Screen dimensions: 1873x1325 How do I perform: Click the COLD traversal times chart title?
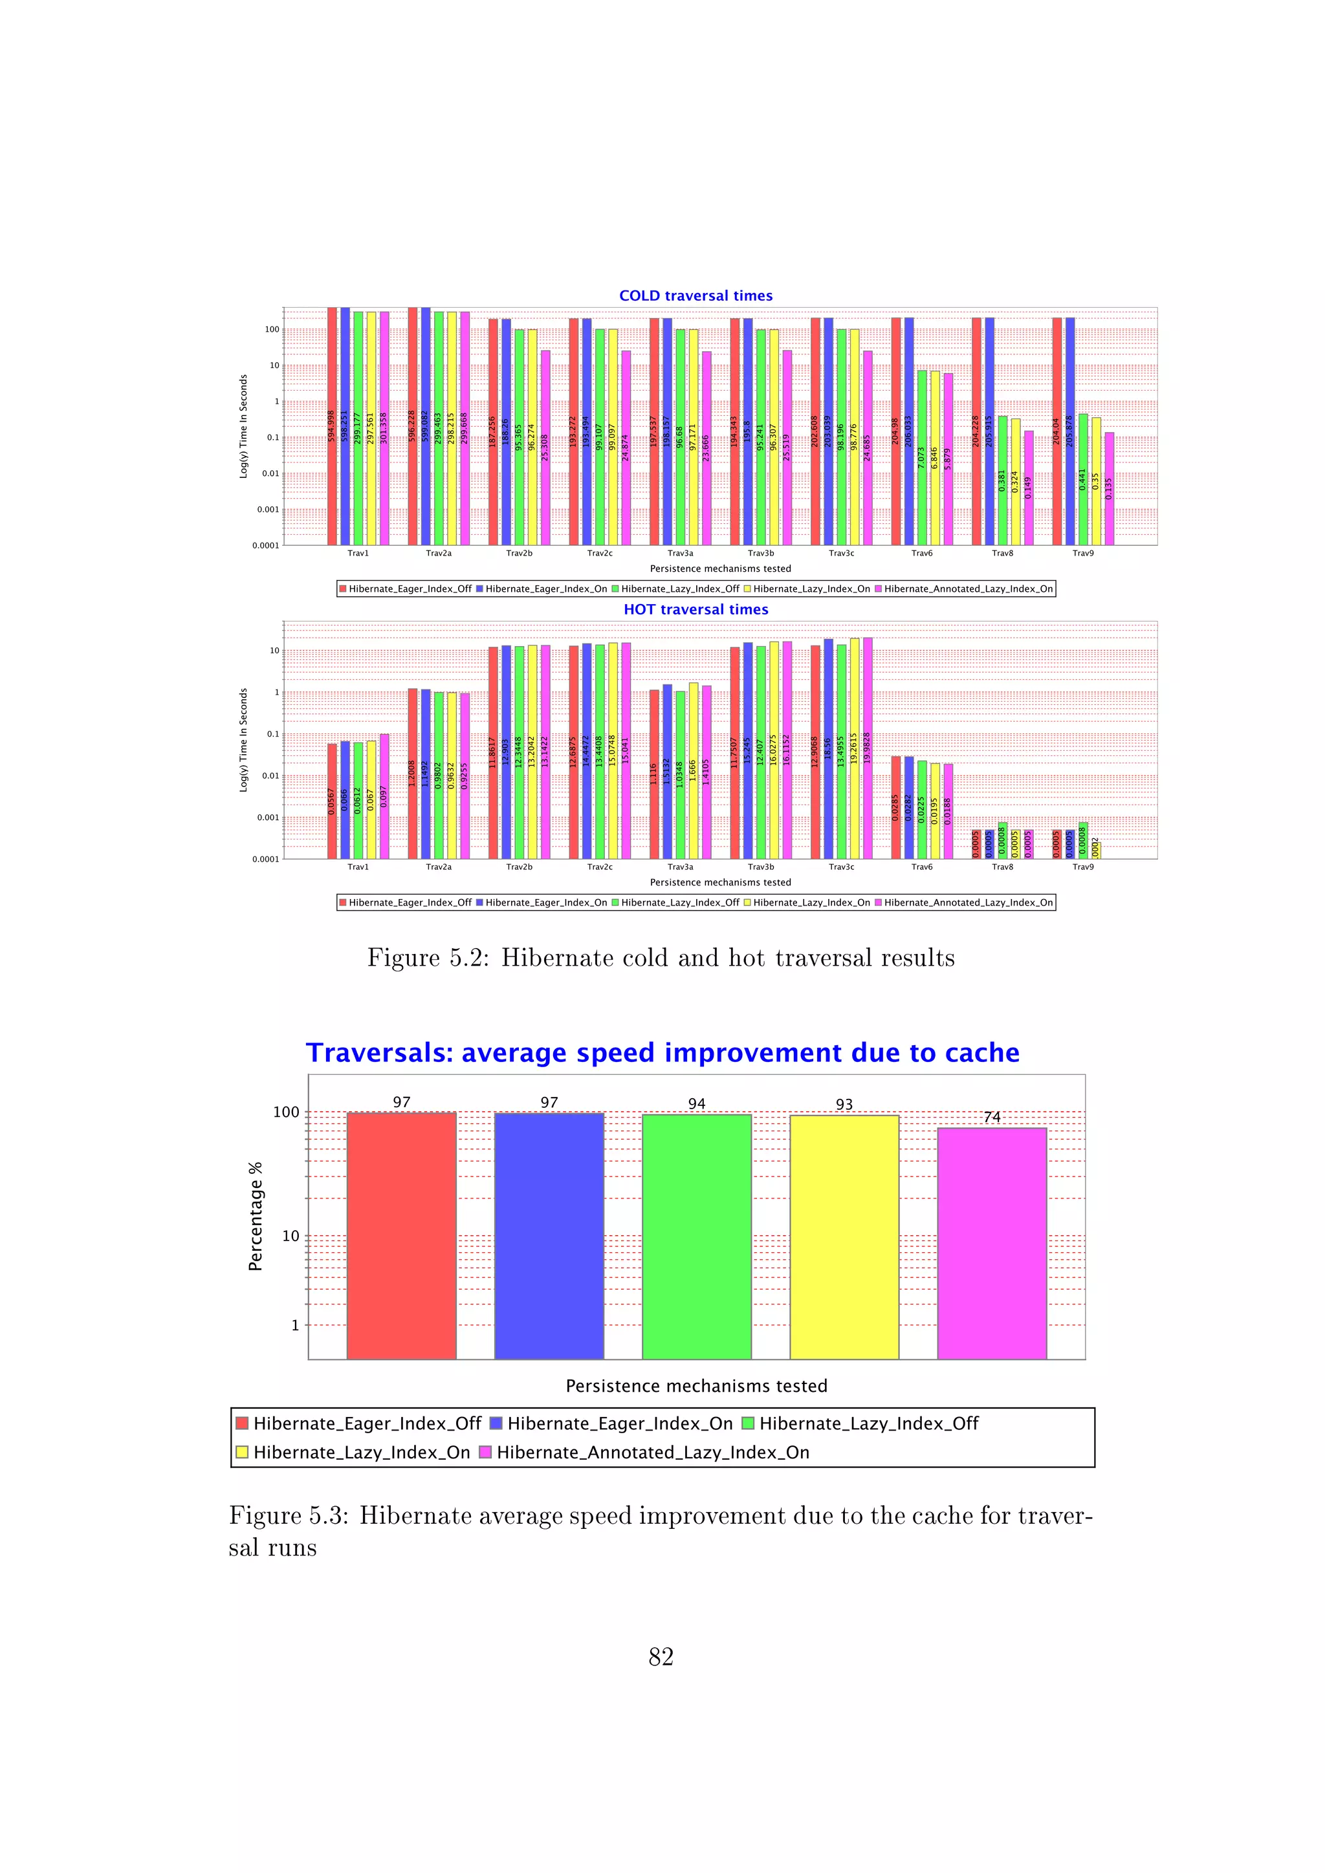pos(695,296)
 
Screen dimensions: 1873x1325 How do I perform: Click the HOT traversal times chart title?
pos(695,609)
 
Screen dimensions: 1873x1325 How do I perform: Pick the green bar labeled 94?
pos(696,1236)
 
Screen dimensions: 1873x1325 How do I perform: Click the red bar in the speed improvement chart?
pos(400,1236)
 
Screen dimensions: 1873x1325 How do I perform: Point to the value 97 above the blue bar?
pos(549,1102)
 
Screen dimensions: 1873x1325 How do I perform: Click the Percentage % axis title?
pos(256,1215)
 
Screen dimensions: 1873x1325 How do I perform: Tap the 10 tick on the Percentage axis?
pos(290,1236)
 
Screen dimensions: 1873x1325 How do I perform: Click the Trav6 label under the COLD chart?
pos(921,553)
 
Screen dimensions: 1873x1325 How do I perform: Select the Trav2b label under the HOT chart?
pos(519,867)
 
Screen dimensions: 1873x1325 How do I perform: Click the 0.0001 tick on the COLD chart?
pos(265,546)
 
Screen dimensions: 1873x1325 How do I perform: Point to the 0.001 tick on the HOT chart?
pos(268,817)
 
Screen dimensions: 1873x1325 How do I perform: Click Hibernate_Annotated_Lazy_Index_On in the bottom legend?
pos(652,1452)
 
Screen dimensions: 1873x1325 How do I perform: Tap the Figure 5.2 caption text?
pos(661,958)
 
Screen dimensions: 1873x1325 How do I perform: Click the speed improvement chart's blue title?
pos(662,1052)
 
